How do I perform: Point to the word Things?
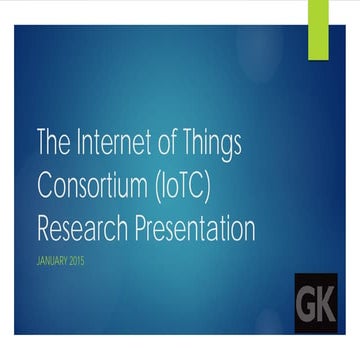tap(212, 145)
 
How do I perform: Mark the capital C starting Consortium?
tap(45, 187)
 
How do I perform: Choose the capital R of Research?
tap(44, 229)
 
